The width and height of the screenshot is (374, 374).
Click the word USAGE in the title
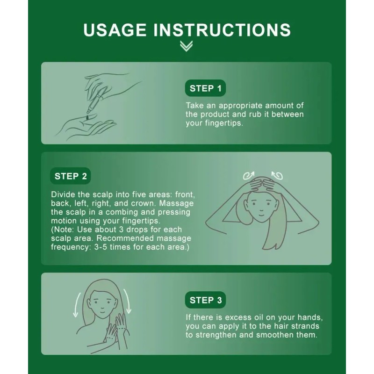click(x=115, y=30)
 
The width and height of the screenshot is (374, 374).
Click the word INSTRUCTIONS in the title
click(x=222, y=30)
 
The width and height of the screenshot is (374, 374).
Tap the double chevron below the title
click(x=186, y=46)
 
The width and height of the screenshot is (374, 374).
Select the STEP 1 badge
click(x=205, y=88)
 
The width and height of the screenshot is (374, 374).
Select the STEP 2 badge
click(x=71, y=176)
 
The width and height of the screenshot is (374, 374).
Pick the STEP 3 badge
click(x=205, y=300)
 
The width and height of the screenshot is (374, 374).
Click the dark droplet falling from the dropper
click(x=88, y=117)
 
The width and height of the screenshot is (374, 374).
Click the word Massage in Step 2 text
click(x=176, y=203)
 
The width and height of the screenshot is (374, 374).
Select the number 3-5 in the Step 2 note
click(x=101, y=247)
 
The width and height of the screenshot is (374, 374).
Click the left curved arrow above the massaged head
click(x=249, y=176)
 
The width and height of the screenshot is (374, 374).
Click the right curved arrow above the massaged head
click(x=277, y=176)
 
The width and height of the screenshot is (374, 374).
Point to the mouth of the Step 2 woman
click(x=261, y=214)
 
